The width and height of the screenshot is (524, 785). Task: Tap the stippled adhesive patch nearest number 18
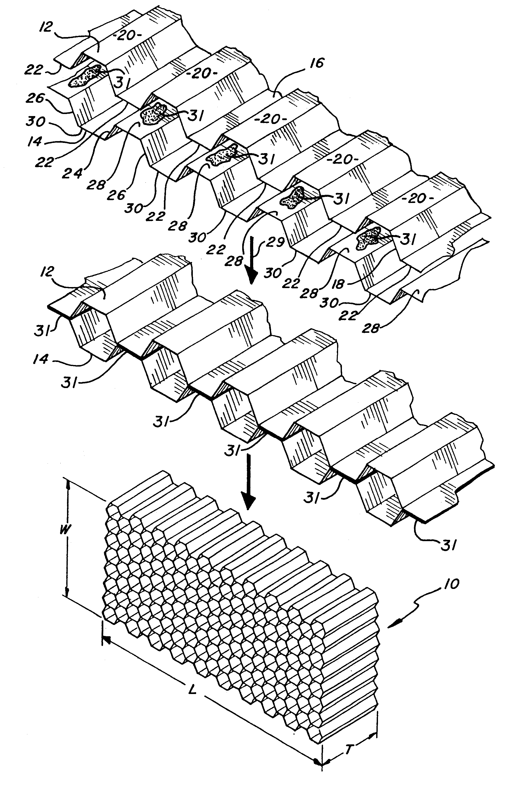(369, 237)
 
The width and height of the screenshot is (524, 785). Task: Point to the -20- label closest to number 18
(417, 199)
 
